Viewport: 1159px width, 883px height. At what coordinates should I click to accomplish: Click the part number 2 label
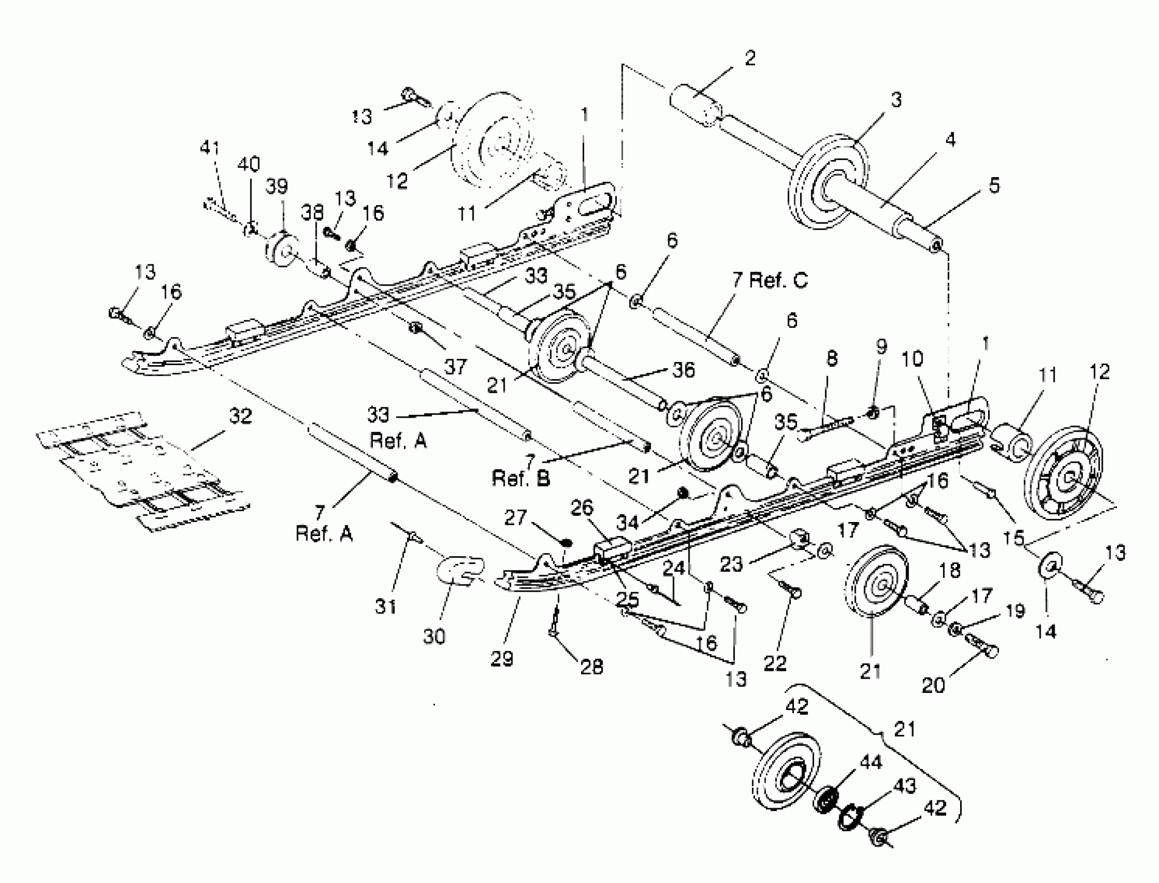pyautogui.click(x=750, y=58)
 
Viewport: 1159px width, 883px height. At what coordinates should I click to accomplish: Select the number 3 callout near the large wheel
pyautogui.click(x=896, y=99)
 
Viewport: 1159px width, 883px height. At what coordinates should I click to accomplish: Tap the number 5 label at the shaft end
pyautogui.click(x=993, y=185)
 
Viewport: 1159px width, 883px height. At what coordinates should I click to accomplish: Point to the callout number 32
pyautogui.click(x=240, y=416)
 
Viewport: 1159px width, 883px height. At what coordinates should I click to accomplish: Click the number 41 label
pyautogui.click(x=210, y=148)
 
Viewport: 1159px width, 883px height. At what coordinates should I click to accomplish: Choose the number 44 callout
pyautogui.click(x=870, y=761)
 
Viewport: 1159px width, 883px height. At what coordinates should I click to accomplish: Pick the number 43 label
pyautogui.click(x=904, y=786)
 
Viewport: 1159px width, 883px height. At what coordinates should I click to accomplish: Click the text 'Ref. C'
pyautogui.click(x=778, y=280)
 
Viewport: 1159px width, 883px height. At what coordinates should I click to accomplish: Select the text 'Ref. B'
pyautogui.click(x=520, y=478)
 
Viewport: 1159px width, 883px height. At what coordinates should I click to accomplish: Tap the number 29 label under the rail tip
pyautogui.click(x=501, y=658)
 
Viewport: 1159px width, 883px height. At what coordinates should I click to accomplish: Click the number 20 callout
pyautogui.click(x=933, y=686)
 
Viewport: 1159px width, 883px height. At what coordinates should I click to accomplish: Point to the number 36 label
pyautogui.click(x=683, y=370)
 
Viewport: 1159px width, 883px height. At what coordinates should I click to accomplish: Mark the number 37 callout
pyautogui.click(x=455, y=367)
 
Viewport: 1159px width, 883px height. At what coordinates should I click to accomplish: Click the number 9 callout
pyautogui.click(x=881, y=346)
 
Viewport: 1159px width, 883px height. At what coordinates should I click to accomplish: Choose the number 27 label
pyautogui.click(x=515, y=518)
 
